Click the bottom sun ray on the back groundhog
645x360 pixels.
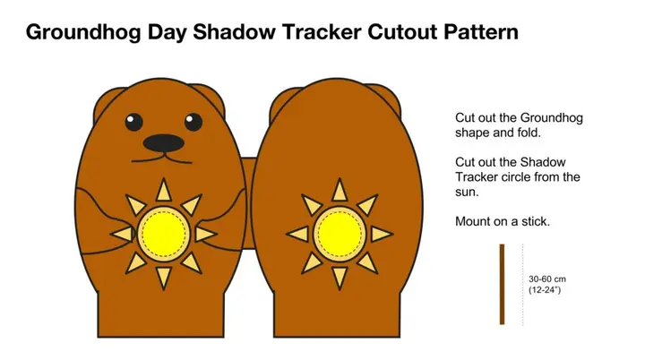(340, 276)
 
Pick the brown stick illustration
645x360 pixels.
(502, 284)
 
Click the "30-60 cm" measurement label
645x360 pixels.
(547, 279)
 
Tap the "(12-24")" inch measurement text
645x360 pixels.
(546, 290)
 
